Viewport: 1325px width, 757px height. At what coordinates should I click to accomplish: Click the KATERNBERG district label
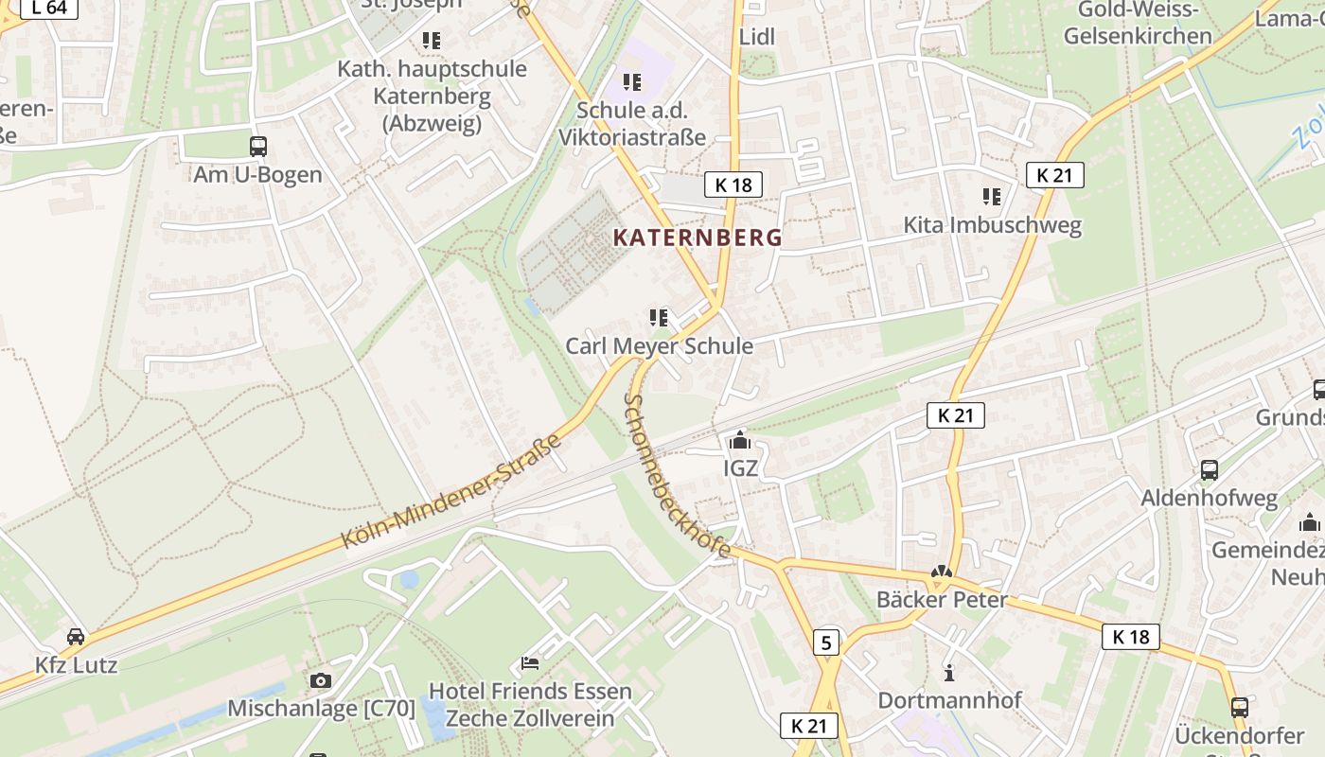pyautogui.click(x=698, y=238)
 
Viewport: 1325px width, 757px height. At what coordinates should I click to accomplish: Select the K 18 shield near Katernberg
pyautogui.click(x=733, y=185)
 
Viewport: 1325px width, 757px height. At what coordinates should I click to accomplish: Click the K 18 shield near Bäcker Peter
pyautogui.click(x=1130, y=637)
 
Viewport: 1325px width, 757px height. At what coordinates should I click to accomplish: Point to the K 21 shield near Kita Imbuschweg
pyautogui.click(x=1054, y=175)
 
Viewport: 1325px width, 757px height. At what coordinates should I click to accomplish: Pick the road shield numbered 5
pyautogui.click(x=826, y=643)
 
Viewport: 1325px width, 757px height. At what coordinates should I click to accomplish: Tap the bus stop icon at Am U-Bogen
pyautogui.click(x=257, y=147)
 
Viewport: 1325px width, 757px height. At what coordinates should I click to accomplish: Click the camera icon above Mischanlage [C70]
pyautogui.click(x=321, y=680)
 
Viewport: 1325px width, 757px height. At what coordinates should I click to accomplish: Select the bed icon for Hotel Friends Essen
pyautogui.click(x=530, y=662)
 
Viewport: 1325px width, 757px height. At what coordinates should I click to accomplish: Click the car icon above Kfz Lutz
pyautogui.click(x=76, y=637)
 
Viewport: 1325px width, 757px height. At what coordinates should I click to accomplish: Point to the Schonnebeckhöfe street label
pyautogui.click(x=676, y=476)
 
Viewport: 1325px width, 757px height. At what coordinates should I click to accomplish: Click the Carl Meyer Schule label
pyautogui.click(x=659, y=346)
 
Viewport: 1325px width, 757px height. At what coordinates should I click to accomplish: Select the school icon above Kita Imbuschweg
pyautogui.click(x=991, y=197)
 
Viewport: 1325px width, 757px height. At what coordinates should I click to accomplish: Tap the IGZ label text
pyautogui.click(x=740, y=467)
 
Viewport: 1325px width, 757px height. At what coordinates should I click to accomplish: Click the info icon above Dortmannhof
pyautogui.click(x=949, y=673)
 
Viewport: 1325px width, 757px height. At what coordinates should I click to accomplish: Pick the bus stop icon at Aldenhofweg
pyautogui.click(x=1209, y=469)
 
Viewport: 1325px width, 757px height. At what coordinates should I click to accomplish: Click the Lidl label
pyautogui.click(x=756, y=37)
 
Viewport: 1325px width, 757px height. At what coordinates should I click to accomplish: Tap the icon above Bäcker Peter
pyautogui.click(x=941, y=572)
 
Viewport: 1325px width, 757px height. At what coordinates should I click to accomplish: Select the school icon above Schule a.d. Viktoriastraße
pyautogui.click(x=631, y=82)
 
